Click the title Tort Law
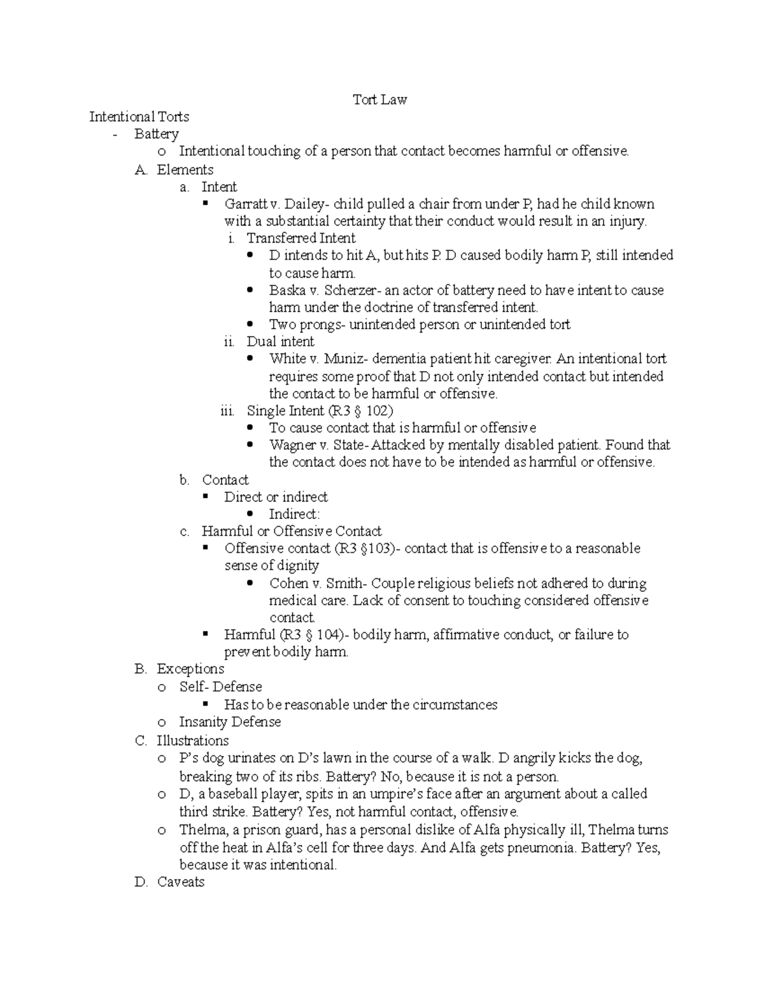(x=380, y=99)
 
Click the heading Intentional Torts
(x=139, y=117)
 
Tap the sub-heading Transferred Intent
(x=301, y=238)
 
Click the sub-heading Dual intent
(x=280, y=341)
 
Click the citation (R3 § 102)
(x=365, y=411)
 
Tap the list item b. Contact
(x=225, y=480)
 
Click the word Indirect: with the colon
(x=294, y=514)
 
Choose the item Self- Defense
(x=220, y=687)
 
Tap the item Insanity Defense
(x=230, y=722)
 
